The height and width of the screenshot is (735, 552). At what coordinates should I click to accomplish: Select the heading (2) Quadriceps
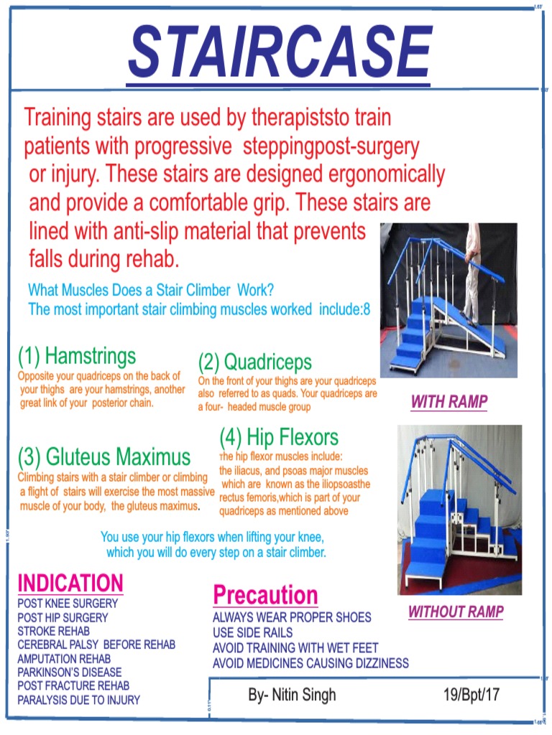pos(255,361)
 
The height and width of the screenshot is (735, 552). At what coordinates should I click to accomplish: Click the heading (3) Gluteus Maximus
pos(104,457)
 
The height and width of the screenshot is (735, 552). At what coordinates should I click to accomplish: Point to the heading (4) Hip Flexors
pos(279,436)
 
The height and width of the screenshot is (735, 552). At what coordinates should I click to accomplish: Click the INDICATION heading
pos(70,582)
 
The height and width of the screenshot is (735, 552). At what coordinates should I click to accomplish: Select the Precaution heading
pos(265,595)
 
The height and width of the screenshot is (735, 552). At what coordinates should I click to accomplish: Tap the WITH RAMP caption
pos(449,402)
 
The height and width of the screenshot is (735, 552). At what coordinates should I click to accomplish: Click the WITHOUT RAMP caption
pos(456,612)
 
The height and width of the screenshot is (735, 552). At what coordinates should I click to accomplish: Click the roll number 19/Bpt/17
pos(471,695)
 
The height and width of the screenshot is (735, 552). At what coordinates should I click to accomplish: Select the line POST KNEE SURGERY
pos(68,604)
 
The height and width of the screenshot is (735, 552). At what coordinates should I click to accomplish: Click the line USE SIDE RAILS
pos(253,632)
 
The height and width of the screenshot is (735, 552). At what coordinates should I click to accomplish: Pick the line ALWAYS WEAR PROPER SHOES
pos(292,617)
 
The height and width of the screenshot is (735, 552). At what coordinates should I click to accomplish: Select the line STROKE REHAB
pos(54,631)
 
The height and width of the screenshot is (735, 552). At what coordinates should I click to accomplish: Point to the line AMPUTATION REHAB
pos(64,658)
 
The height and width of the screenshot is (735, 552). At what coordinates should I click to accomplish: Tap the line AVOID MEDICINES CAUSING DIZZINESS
pos(310,663)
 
